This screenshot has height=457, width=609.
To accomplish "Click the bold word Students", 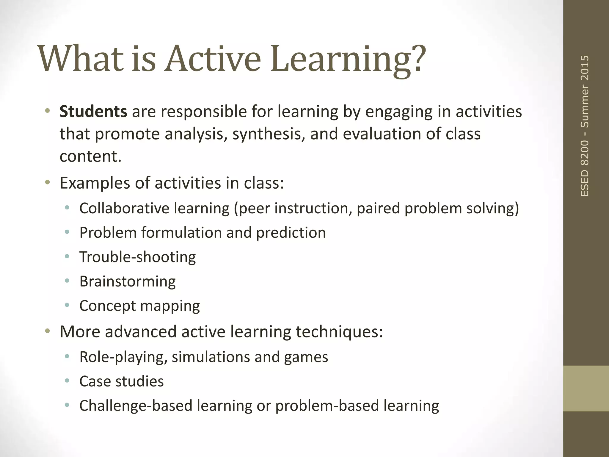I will pyautogui.click(x=93, y=112).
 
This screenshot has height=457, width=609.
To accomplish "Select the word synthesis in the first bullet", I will pyautogui.click(x=268, y=134).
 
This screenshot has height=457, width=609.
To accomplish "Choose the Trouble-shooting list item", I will pyautogui.click(x=137, y=257).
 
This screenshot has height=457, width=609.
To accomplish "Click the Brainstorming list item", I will pyautogui.click(x=127, y=281).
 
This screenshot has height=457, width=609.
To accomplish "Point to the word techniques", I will pyautogui.click(x=337, y=332).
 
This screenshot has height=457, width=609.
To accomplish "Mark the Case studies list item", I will pyautogui.click(x=121, y=381).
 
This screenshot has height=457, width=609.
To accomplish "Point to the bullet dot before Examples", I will pyautogui.click(x=47, y=182).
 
